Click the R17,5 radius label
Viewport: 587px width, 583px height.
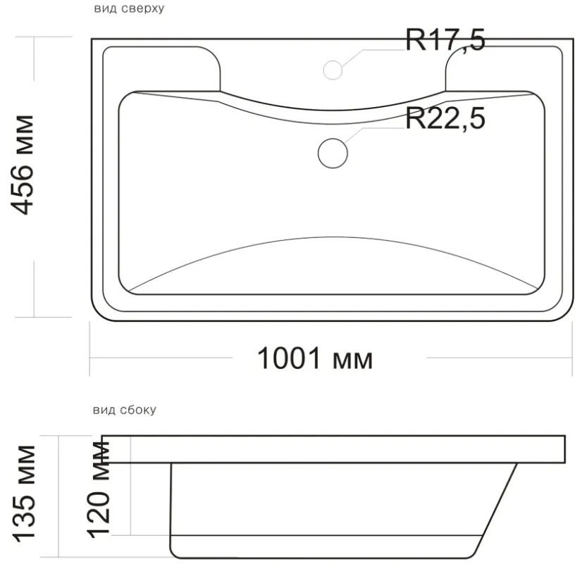[445, 40]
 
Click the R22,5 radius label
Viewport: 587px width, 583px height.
[445, 118]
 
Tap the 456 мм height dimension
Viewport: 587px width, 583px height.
[23, 165]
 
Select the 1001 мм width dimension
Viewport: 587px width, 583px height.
[315, 358]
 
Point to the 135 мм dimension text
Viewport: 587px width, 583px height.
[24, 494]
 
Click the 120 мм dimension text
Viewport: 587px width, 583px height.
[98, 490]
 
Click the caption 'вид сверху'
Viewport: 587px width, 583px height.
[129, 8]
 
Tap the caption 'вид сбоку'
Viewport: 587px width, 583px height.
[124, 410]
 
